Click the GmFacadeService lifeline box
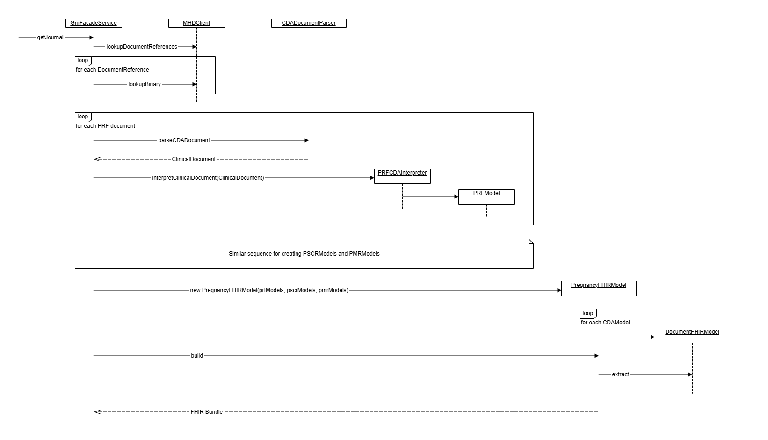tap(94, 23)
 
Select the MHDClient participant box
tap(196, 23)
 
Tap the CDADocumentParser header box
tap(309, 23)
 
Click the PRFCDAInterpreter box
tap(402, 176)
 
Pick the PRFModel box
tap(486, 196)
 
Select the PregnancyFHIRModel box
tap(599, 288)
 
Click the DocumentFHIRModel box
tap(692, 335)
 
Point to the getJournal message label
tap(50, 37)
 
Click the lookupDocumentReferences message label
tap(142, 47)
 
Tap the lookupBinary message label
tap(145, 84)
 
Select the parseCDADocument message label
tap(184, 140)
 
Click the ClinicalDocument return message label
tap(194, 159)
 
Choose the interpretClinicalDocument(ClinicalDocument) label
tap(208, 178)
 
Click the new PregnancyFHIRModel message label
tap(269, 290)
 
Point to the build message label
tap(197, 356)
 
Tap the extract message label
tap(621, 374)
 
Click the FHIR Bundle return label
tap(206, 412)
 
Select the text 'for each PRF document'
tap(106, 126)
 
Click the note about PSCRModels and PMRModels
tap(304, 254)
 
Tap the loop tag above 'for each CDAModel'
tap(588, 313)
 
